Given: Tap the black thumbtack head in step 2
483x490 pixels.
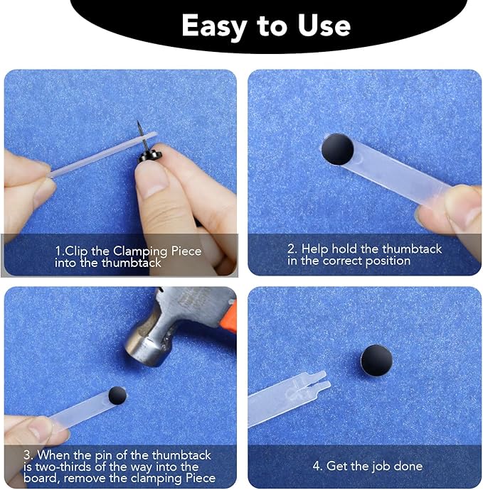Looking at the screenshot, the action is [337, 149].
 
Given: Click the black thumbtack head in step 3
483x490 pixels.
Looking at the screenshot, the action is [117, 396].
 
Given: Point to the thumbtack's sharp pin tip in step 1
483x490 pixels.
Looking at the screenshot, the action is [138, 121].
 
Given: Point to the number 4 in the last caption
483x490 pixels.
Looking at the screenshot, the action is [317, 467].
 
